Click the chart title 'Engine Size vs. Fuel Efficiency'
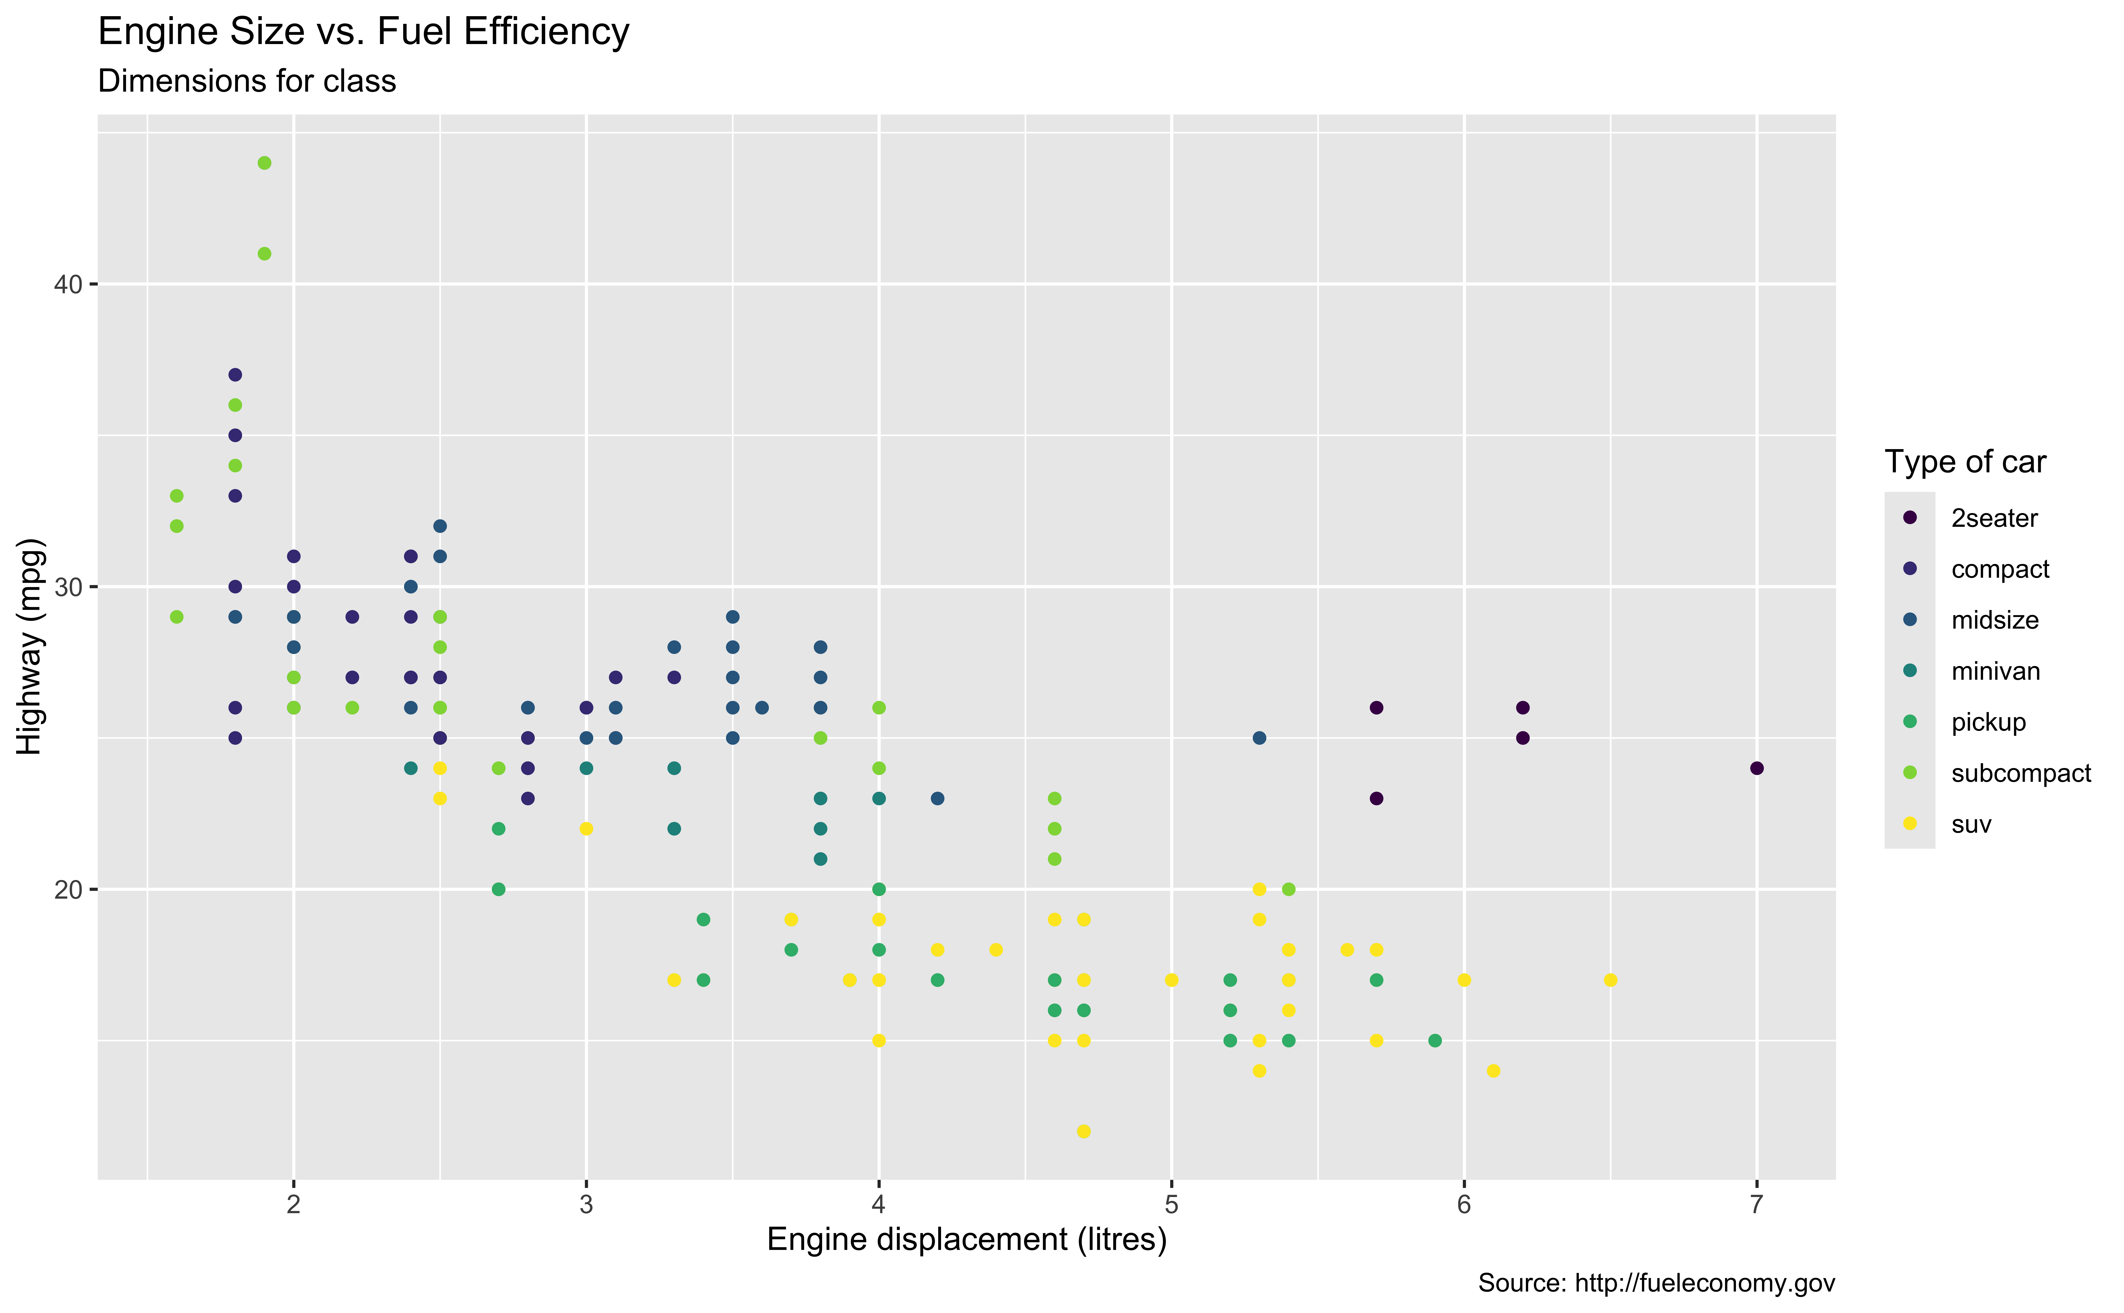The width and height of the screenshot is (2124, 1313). [x=364, y=32]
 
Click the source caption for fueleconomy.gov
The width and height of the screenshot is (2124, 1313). [x=1656, y=1284]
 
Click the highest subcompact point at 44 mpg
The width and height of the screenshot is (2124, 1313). [x=265, y=163]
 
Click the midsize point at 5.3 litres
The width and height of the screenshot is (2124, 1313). [x=1260, y=738]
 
